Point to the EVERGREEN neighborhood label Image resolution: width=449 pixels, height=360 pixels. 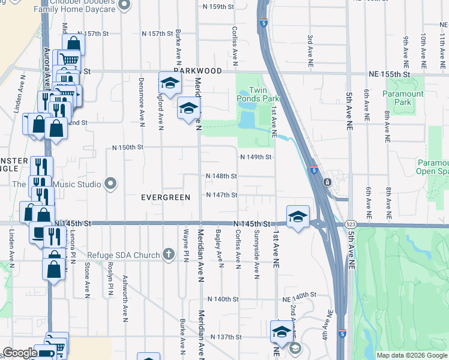[165, 197]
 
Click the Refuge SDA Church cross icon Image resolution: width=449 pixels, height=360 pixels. [169, 254]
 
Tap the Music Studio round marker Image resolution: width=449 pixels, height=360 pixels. [110, 183]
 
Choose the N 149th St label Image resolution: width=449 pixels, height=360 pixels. [256, 157]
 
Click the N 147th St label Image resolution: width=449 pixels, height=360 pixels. [221, 195]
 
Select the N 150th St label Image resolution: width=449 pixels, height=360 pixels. [128, 147]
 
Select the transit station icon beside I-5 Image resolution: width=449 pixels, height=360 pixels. [327, 181]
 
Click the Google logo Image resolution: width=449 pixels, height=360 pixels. [19, 353]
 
